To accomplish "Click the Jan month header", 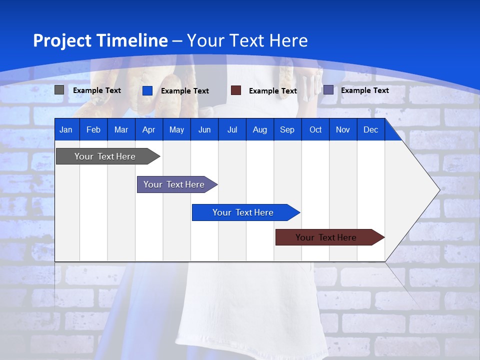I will [x=66, y=129].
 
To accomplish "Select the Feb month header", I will [x=93, y=129].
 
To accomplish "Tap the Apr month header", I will [x=148, y=129].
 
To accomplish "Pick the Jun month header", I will [x=204, y=129].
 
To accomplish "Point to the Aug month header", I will [x=259, y=129].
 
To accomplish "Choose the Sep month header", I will [x=287, y=129].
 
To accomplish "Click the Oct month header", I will [x=315, y=129].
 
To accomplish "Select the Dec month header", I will [x=370, y=129].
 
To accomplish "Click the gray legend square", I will [x=59, y=90].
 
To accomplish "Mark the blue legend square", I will [x=147, y=90].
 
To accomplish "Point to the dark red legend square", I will [x=236, y=90].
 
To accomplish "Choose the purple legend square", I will [x=328, y=90].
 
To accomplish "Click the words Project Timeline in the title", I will [x=100, y=40].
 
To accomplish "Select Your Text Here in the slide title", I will [x=247, y=40].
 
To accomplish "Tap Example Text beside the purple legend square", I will [x=364, y=90].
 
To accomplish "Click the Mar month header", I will [x=121, y=129].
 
